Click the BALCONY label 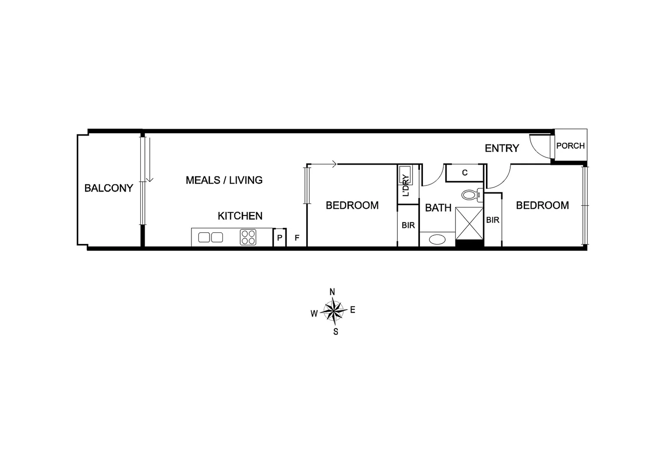pyautogui.click(x=109, y=188)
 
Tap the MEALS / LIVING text pyautogui.click(x=224, y=180)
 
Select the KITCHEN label pyautogui.click(x=240, y=216)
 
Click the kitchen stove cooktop pyautogui.click(x=248, y=238)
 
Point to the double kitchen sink pyautogui.click(x=211, y=238)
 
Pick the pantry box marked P pyautogui.click(x=280, y=238)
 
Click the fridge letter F pyautogui.click(x=297, y=238)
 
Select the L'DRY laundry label pyautogui.click(x=406, y=185)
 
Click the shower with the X pyautogui.click(x=469, y=223)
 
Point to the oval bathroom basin pyautogui.click(x=437, y=239)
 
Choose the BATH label pyautogui.click(x=438, y=208)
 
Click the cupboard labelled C pyautogui.click(x=465, y=173)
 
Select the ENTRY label pyautogui.click(x=502, y=148)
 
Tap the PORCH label pyautogui.click(x=571, y=146)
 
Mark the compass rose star pyautogui.click(x=333, y=311)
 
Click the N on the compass pyautogui.click(x=332, y=292)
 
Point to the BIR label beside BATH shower pyautogui.click(x=492, y=220)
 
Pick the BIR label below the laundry pyautogui.click(x=408, y=225)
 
